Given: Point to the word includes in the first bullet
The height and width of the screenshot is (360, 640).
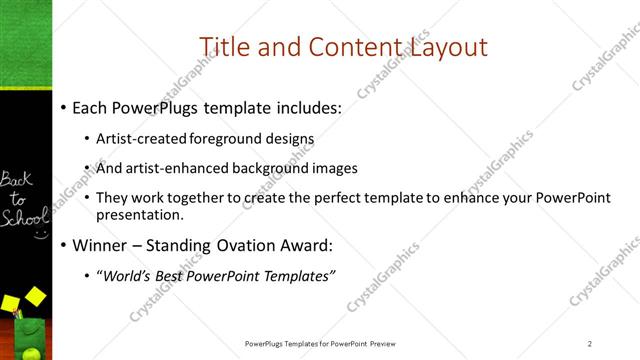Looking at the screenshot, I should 307,107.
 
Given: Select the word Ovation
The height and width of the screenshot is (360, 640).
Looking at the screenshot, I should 236,244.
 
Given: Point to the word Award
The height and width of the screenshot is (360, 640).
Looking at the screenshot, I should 306,244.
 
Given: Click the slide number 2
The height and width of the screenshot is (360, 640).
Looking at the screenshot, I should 590,344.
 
